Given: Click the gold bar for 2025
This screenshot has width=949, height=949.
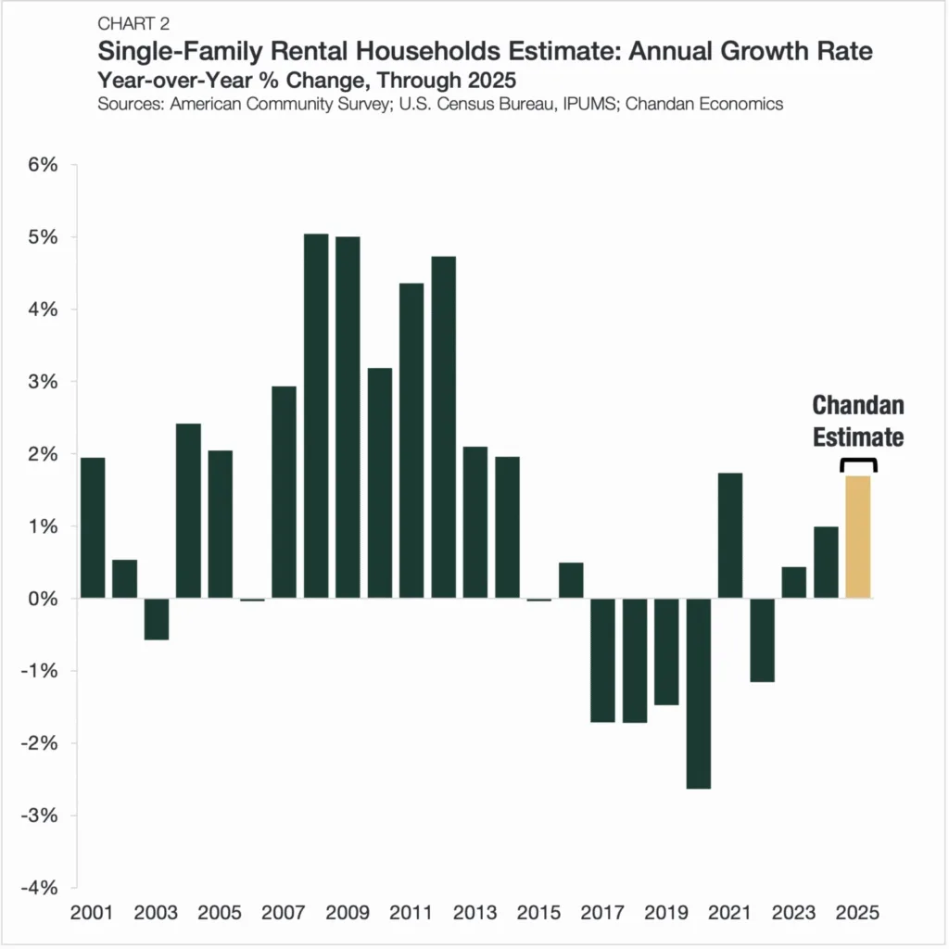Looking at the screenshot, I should click(858, 538).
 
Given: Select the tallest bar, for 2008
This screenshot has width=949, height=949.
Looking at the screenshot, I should click(316, 416).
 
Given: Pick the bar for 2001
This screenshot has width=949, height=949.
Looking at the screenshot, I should click(93, 528).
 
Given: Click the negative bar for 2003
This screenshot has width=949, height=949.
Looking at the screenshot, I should click(157, 619).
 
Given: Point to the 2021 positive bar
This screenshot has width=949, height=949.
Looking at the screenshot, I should click(730, 536).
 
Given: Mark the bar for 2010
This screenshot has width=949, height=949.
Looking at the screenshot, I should click(380, 483).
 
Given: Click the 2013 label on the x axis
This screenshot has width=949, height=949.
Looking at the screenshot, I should click(475, 912).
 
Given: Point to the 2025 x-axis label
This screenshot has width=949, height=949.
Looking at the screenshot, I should click(858, 912).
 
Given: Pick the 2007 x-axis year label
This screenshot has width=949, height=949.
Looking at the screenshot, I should click(285, 912).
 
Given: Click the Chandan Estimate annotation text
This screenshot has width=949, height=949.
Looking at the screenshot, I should click(858, 421).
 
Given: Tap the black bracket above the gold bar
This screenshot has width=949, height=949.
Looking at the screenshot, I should click(858, 464).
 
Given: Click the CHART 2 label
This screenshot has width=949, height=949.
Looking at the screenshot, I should click(133, 23).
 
